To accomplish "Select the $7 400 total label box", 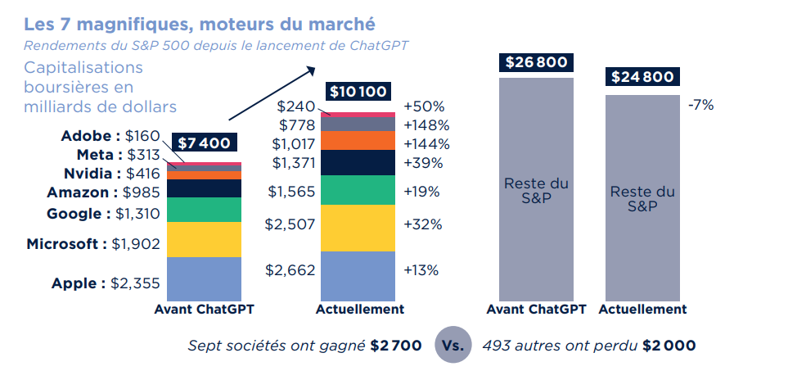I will coord(204,143).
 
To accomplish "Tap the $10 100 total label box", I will coord(358,91).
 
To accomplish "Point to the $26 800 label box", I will coord(536,62).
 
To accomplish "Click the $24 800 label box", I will coord(642,77).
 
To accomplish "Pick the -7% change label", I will coord(701,105).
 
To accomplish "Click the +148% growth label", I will coord(426,125).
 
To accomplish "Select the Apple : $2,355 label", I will coord(105,283).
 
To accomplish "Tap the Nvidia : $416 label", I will coord(110,174).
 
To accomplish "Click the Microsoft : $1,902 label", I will coord(92,243).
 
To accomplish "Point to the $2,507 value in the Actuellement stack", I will coord(290,224).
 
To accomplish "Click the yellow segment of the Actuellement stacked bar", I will coord(358,228).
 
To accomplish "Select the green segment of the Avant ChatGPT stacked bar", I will coord(204,210).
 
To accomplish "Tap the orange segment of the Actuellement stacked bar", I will coord(358,141).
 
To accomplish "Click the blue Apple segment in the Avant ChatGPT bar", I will coord(204,279).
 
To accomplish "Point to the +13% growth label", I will coord(422,270).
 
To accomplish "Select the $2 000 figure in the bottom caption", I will coord(669,346).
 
